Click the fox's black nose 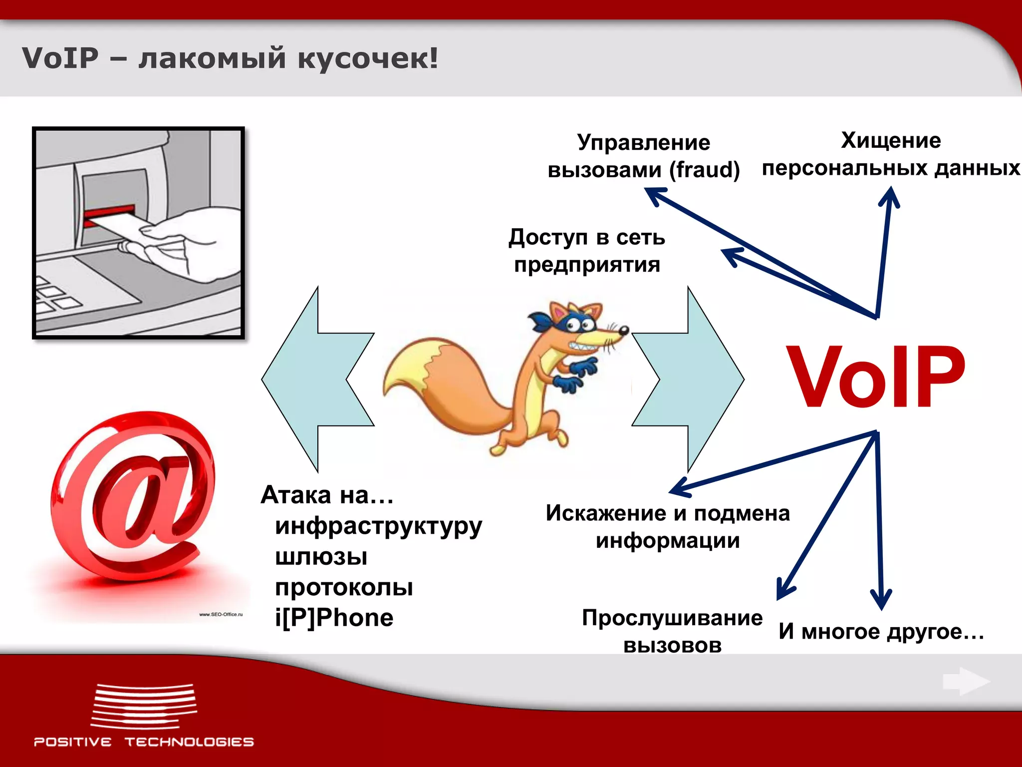point(623,330)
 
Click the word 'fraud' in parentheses point(704,170)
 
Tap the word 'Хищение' point(891,140)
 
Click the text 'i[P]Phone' point(334,618)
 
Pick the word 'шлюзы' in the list point(321,556)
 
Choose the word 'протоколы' point(344,587)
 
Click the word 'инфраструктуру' point(378,526)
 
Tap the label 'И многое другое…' point(881,631)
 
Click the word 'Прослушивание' point(672,618)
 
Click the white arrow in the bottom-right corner point(965,681)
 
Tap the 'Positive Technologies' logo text point(144,742)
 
